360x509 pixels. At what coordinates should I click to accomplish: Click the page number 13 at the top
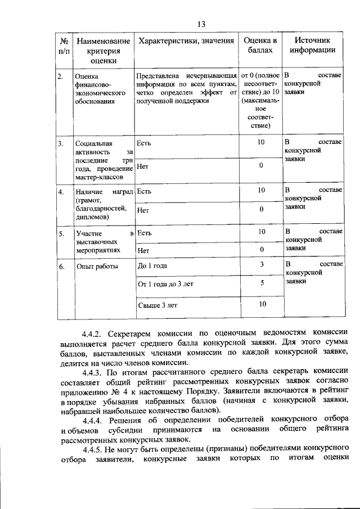(x=201, y=24)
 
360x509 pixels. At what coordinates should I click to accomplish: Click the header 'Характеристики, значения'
(x=186, y=40)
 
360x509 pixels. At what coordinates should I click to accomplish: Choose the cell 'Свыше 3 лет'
(x=157, y=305)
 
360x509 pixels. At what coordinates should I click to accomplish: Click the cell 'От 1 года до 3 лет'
(x=165, y=285)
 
